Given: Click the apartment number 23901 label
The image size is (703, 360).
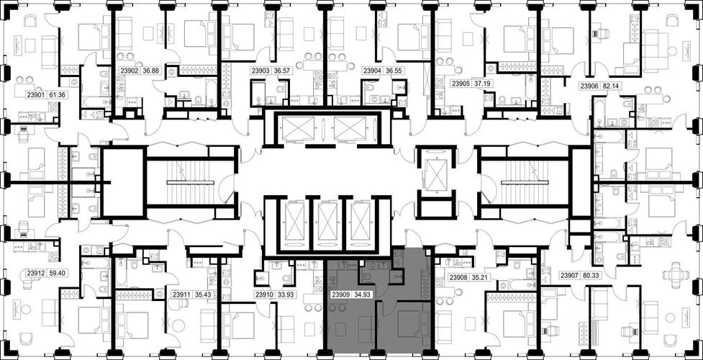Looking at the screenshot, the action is click(x=35, y=95).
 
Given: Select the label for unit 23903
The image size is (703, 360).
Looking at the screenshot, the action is click(x=260, y=71).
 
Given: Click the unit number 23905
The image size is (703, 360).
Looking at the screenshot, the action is click(x=461, y=84).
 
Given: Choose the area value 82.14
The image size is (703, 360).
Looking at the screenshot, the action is click(x=610, y=86).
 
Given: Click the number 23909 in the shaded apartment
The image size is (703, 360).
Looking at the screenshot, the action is click(x=340, y=295).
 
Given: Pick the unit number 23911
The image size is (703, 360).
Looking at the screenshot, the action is click(x=181, y=295).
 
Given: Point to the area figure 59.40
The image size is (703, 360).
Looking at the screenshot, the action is click(x=57, y=272).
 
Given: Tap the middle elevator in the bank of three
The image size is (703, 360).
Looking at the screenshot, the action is click(x=328, y=222).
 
